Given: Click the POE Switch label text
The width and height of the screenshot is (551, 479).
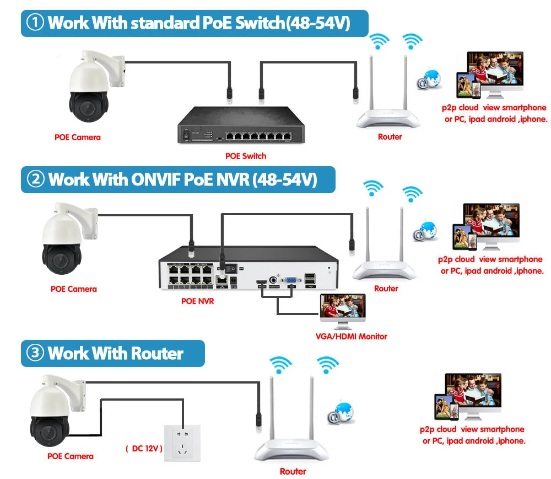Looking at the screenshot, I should [x=246, y=156].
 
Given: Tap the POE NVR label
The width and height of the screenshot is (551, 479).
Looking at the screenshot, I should [x=197, y=301].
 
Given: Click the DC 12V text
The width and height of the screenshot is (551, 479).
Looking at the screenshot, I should [x=144, y=449].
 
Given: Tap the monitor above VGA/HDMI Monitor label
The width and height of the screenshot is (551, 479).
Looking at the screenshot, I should [x=343, y=310].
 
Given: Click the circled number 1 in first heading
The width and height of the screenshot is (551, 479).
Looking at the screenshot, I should [x=35, y=24].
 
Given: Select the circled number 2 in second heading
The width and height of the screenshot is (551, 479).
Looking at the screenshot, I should [x=35, y=179].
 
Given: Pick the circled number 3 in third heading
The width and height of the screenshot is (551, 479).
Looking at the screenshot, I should [x=35, y=353].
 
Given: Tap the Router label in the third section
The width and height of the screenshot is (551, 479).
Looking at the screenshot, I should [x=293, y=471].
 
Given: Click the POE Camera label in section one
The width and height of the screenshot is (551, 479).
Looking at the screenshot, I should [x=78, y=137].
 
